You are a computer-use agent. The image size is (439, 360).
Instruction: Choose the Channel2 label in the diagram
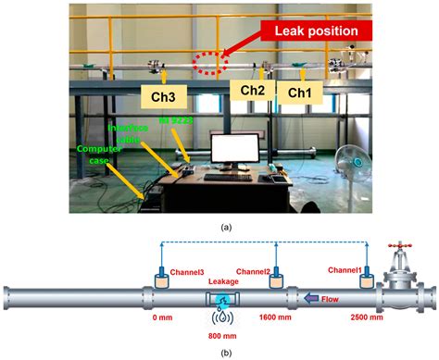[253, 270]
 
